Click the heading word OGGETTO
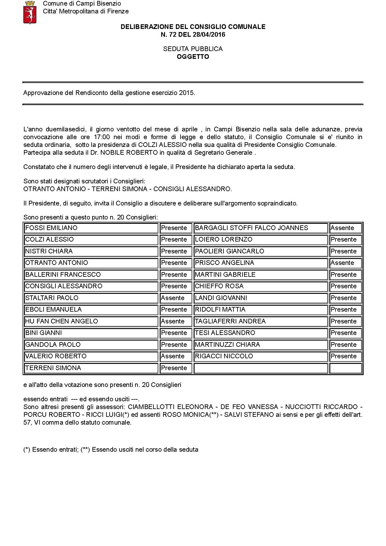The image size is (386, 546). [x=193, y=57]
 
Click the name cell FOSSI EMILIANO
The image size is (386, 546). [x=91, y=228]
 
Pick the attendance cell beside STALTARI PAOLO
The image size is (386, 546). [x=176, y=298]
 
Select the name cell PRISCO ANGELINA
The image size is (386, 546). [x=261, y=263]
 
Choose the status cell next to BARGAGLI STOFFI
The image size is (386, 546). [x=346, y=228]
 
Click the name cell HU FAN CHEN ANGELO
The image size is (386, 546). [x=91, y=321]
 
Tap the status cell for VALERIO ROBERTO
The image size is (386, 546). [x=176, y=356]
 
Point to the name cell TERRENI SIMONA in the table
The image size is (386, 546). [x=91, y=368]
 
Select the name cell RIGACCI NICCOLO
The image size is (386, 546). [x=261, y=356]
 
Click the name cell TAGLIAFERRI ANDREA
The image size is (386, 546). [x=261, y=321]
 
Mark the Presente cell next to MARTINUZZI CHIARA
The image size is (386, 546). [x=346, y=345]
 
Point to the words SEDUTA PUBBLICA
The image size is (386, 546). [x=193, y=49]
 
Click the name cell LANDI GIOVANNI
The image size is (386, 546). [x=261, y=298]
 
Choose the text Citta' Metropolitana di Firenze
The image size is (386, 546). [x=86, y=11]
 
